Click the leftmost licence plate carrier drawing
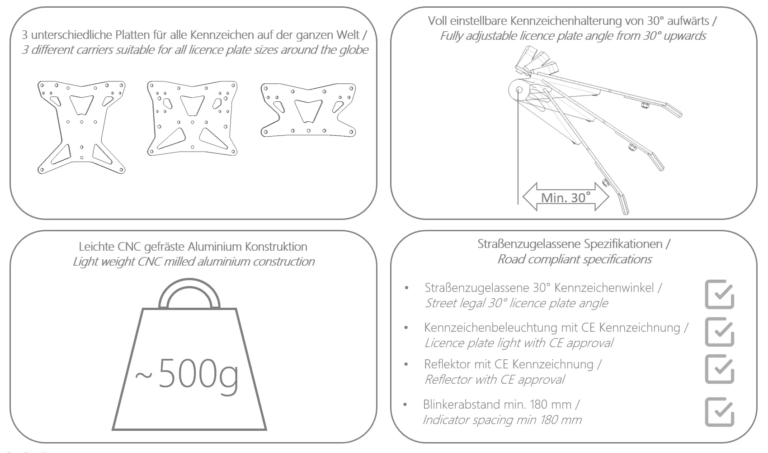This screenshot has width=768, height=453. click(81, 127)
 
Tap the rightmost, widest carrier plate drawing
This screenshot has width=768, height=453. click(308, 110)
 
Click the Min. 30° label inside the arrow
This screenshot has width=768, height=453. click(565, 197)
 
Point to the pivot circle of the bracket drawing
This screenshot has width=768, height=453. click(518, 90)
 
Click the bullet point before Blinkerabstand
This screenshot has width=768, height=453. click(405, 405)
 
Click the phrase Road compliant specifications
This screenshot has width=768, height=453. click(574, 259)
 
